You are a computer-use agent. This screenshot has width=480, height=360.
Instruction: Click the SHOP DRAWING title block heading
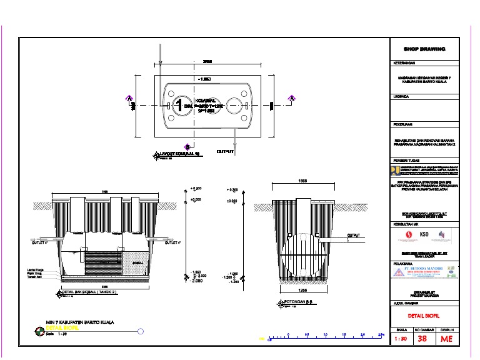coord(424,49)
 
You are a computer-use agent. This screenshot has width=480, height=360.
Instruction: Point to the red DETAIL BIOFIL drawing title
coord(424,316)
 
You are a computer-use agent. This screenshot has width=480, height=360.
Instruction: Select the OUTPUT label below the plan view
coord(225,151)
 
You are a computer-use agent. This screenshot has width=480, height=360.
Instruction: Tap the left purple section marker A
coord(128,97)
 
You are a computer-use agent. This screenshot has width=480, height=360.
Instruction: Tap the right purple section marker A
coord(291,97)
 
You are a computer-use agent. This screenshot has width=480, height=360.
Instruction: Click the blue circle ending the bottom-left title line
coord(141,331)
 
